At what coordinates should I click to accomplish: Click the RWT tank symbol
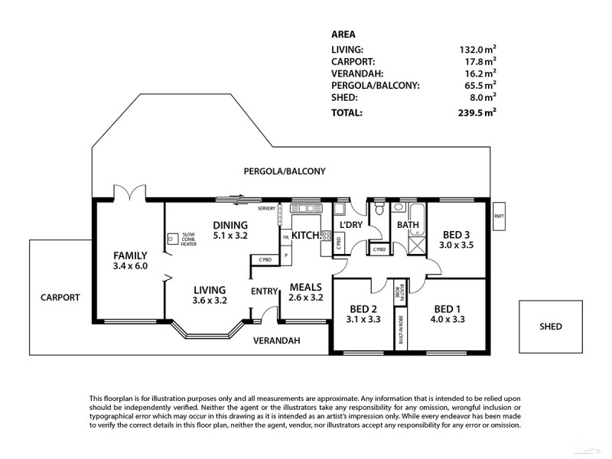point(500,216)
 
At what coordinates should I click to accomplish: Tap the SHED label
point(550,327)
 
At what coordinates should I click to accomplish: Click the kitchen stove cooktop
point(326,236)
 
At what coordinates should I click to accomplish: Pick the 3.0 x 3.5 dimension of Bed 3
point(457,246)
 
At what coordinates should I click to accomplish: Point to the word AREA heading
point(343,34)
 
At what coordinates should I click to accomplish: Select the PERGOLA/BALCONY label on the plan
point(285,172)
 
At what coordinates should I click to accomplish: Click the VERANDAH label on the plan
point(278,340)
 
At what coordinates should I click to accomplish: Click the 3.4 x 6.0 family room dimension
point(129,266)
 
